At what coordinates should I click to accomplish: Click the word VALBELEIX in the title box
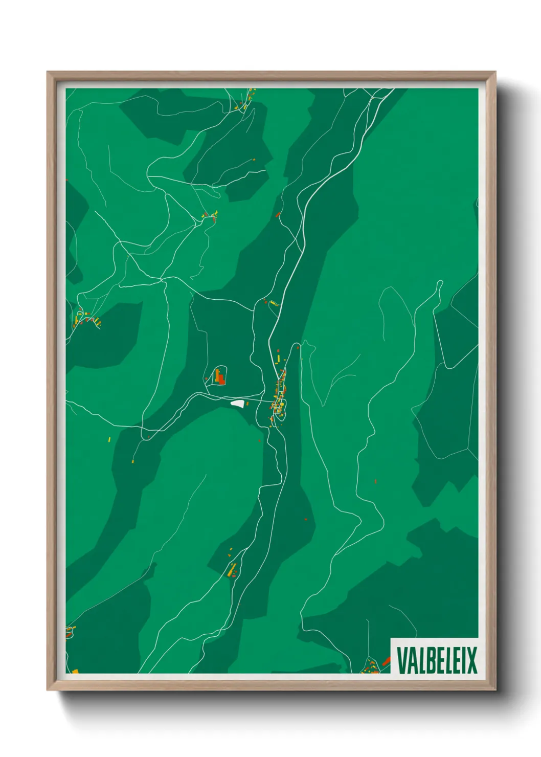[x=436, y=660]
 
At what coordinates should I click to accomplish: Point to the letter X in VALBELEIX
[x=471, y=660]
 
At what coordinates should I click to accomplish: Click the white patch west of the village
[x=237, y=404]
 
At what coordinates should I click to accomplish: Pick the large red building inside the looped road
[x=221, y=380]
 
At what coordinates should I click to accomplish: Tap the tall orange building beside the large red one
[x=217, y=376]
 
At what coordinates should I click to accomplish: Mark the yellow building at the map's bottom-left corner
[x=75, y=671]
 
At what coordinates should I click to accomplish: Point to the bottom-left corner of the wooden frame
[x=48, y=689]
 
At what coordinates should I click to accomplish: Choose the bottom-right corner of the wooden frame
[x=495, y=689]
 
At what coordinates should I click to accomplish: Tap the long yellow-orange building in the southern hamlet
[x=232, y=569]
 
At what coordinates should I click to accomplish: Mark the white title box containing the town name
[x=434, y=656]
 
